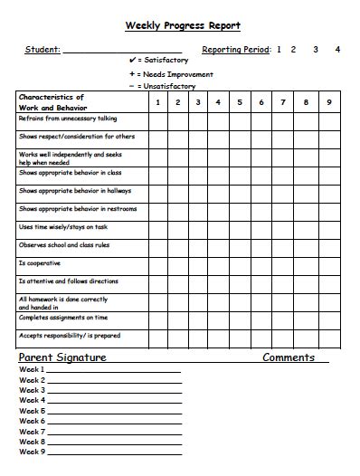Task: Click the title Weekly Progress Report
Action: tap(182, 26)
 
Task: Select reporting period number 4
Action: tap(337, 50)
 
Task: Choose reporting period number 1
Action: tap(279, 50)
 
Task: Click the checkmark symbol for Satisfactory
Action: tap(133, 61)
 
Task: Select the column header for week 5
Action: tap(240, 102)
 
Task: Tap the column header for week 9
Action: tap(329, 102)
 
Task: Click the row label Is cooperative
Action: tap(40, 263)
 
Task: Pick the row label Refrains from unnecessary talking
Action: tap(68, 119)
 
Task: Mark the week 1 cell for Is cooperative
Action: tap(157, 263)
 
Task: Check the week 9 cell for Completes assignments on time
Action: tap(329, 318)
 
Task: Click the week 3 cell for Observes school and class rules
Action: tap(198, 245)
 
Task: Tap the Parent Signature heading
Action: tap(62, 357)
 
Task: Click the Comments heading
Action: tap(289, 357)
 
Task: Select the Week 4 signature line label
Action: tap(32, 400)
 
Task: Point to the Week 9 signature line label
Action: tap(32, 451)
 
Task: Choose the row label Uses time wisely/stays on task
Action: tap(63, 227)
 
